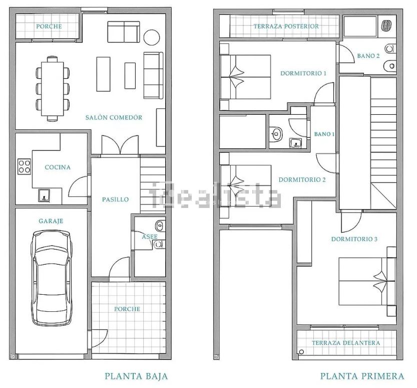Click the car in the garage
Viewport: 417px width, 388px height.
coord(52,278)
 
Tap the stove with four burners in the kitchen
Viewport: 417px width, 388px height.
coord(24,167)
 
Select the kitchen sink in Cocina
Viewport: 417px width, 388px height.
coord(44,195)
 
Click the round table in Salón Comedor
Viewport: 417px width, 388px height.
coord(152,37)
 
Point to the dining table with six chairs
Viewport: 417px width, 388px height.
coord(53,89)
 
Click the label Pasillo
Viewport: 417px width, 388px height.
coord(116,200)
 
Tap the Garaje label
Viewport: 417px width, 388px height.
coord(51,221)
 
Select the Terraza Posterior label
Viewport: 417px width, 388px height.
coord(286,27)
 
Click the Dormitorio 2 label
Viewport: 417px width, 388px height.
coord(302,180)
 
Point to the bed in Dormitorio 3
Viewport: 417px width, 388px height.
coord(367,282)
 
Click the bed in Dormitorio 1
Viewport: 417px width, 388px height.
coord(245,77)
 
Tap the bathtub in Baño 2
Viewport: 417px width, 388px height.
coord(360,26)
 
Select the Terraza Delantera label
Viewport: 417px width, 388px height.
coord(346,343)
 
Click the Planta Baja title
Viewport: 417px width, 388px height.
coord(137,376)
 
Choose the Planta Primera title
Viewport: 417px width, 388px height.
coord(362,376)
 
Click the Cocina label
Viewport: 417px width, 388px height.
coord(58,167)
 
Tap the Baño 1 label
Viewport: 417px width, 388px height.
coord(324,134)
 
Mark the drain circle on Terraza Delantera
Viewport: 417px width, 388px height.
coord(301,352)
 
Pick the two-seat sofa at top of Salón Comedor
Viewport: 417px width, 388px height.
coord(124,32)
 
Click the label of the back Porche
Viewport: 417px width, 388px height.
coord(49,27)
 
